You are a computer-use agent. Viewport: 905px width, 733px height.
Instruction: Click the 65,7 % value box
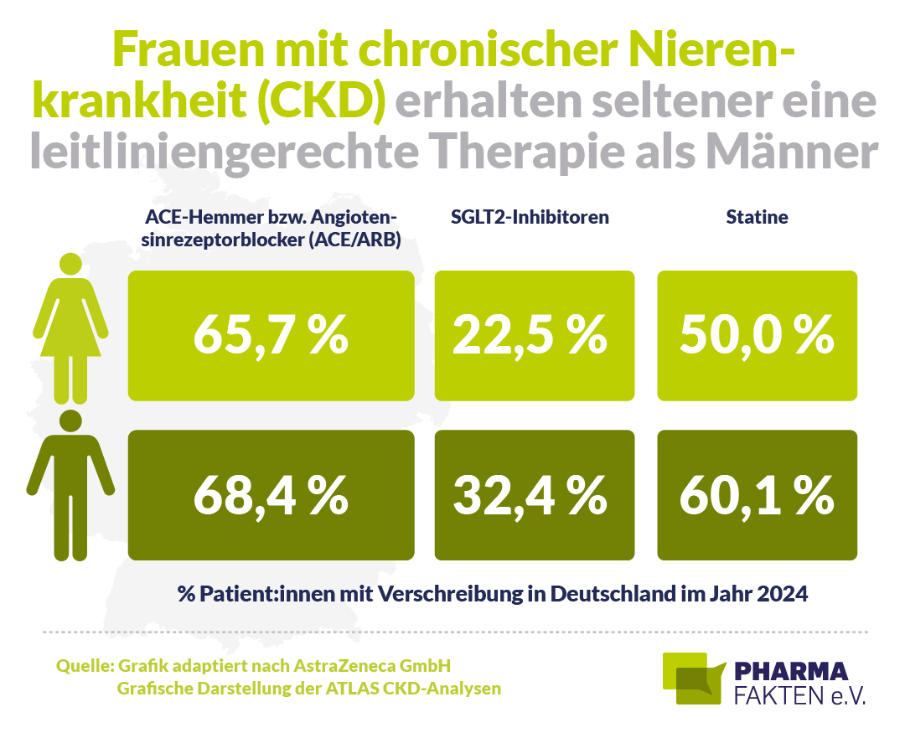tap(271, 335)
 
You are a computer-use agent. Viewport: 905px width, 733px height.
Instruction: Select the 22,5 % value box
tap(535, 335)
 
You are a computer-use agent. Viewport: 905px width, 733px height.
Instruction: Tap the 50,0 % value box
tap(758, 335)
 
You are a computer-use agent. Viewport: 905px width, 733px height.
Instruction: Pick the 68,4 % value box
tap(271, 494)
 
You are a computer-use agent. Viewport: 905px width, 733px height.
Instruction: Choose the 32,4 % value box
tap(535, 494)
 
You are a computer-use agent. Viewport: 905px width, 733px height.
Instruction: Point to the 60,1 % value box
tap(758, 494)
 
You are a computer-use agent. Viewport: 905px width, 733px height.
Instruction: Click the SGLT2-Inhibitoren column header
tap(530, 217)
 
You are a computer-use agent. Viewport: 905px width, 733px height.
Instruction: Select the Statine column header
tap(757, 217)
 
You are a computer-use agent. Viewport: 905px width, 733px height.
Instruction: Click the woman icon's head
tap(71, 265)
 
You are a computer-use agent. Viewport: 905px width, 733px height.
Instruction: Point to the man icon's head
tap(71, 421)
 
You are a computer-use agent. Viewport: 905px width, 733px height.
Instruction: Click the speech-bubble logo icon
tap(693, 679)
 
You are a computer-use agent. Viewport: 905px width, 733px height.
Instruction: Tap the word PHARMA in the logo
tap(791, 672)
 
